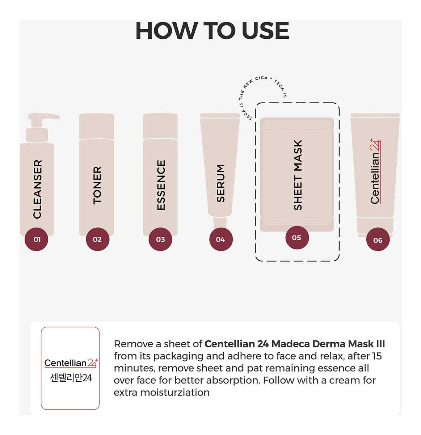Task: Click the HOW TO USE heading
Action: point(212,30)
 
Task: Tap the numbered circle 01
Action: point(37,239)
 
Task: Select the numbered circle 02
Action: point(97,239)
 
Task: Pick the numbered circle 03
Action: point(160,239)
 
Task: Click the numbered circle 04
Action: point(221,239)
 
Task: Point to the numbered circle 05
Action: point(297,237)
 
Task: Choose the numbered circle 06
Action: point(378,239)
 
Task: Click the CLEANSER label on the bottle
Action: point(37,189)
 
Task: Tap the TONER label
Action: point(97,185)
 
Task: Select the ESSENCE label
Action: point(161,185)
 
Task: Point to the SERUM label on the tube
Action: point(220,183)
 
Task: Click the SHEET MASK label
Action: point(298,175)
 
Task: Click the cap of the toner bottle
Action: point(96,126)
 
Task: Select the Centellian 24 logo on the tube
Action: point(375,171)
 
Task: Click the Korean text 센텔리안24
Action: point(71,378)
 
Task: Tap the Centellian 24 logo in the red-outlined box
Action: point(71,363)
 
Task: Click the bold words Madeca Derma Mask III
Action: point(328,344)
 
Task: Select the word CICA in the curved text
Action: point(261,78)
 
